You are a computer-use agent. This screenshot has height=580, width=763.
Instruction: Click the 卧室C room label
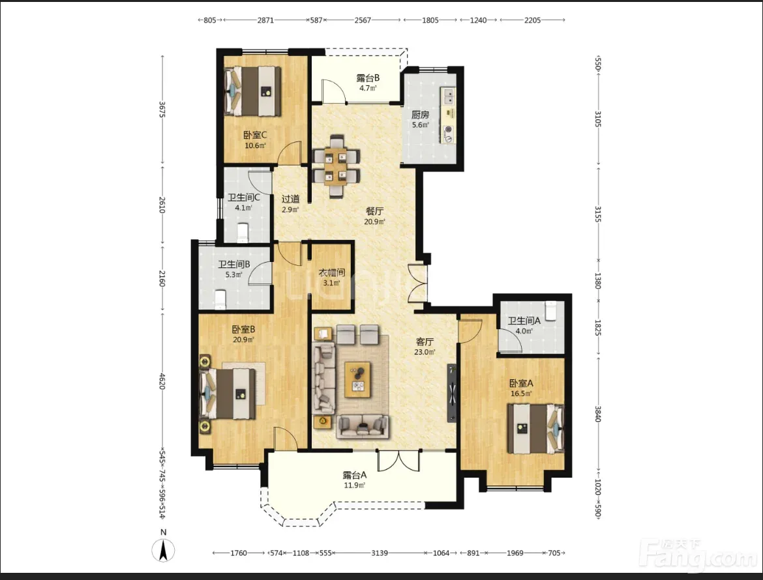tap(255, 135)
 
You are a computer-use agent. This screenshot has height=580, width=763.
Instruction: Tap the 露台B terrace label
tap(368, 78)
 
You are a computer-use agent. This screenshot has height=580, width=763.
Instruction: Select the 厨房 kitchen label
tap(421, 115)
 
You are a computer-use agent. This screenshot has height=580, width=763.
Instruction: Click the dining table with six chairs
tap(336, 166)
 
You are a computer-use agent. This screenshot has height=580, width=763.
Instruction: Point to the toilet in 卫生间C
tap(243, 233)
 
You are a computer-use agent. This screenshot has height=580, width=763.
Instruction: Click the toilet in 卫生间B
tap(221, 300)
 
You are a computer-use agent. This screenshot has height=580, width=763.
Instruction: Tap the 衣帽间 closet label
tap(332, 273)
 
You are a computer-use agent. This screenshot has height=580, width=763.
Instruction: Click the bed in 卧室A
tap(536, 429)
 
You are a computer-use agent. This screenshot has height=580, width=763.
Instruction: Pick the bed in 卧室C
tap(253, 91)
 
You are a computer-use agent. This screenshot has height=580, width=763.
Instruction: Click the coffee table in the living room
tap(357, 379)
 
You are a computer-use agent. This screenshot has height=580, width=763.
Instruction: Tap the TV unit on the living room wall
tap(452, 393)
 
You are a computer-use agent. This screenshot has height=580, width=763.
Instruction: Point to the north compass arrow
tap(164, 551)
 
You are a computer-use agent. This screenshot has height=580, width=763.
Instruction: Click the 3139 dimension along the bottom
tap(380, 553)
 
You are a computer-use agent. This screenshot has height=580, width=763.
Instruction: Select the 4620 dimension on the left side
tap(162, 381)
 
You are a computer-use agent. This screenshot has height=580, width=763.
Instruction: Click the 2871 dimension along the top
tap(265, 20)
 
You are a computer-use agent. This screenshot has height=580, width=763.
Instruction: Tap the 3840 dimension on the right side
tap(598, 414)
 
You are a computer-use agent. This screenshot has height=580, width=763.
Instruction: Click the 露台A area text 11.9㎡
tap(354, 486)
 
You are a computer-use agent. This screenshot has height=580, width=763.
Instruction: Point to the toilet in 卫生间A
tap(551, 311)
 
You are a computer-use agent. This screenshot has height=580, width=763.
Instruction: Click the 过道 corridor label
tap(290, 199)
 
